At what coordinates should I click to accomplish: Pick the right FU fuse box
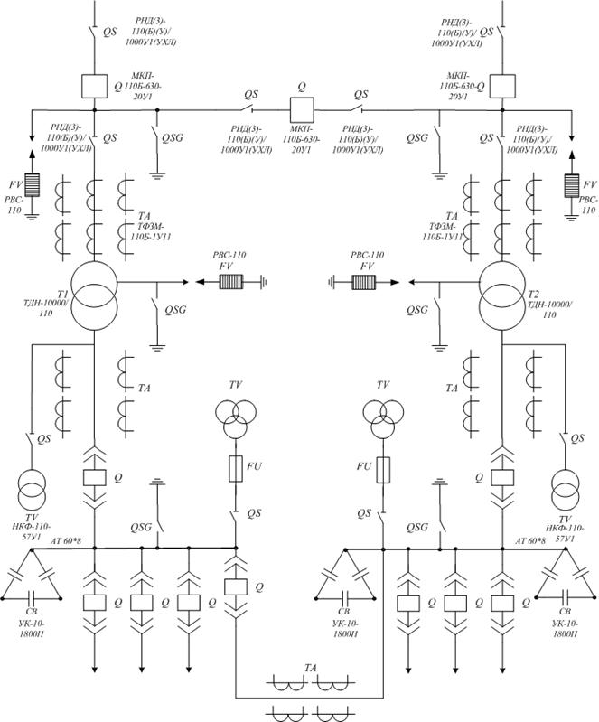[x=384, y=469]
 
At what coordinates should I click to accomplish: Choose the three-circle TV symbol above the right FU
[x=384, y=419]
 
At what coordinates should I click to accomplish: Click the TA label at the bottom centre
[x=311, y=668]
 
